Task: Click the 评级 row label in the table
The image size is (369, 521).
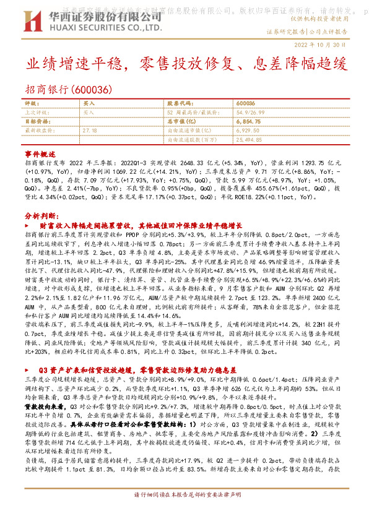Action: pos(32,103)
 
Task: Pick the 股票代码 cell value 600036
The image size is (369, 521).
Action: pos(246,103)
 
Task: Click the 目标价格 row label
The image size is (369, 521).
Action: pos(35,122)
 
